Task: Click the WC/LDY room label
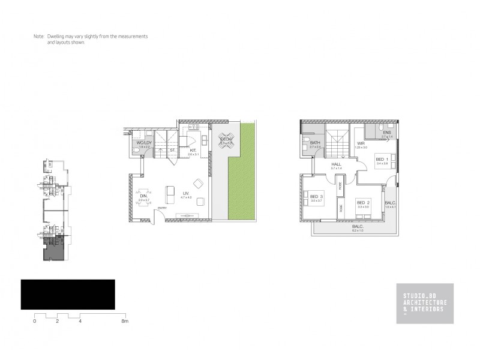(143, 142)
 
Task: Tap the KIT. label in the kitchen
(193, 151)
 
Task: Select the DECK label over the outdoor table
(226, 139)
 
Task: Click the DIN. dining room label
(143, 196)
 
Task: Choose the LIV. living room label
(186, 193)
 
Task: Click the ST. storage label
(172, 151)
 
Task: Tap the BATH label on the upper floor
(314, 142)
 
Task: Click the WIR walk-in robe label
(361, 143)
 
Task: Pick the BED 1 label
(382, 158)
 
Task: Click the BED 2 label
(364, 203)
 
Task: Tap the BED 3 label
(317, 196)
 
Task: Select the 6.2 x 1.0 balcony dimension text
(358, 231)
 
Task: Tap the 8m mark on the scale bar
(125, 322)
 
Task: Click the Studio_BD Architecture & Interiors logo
(424, 303)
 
